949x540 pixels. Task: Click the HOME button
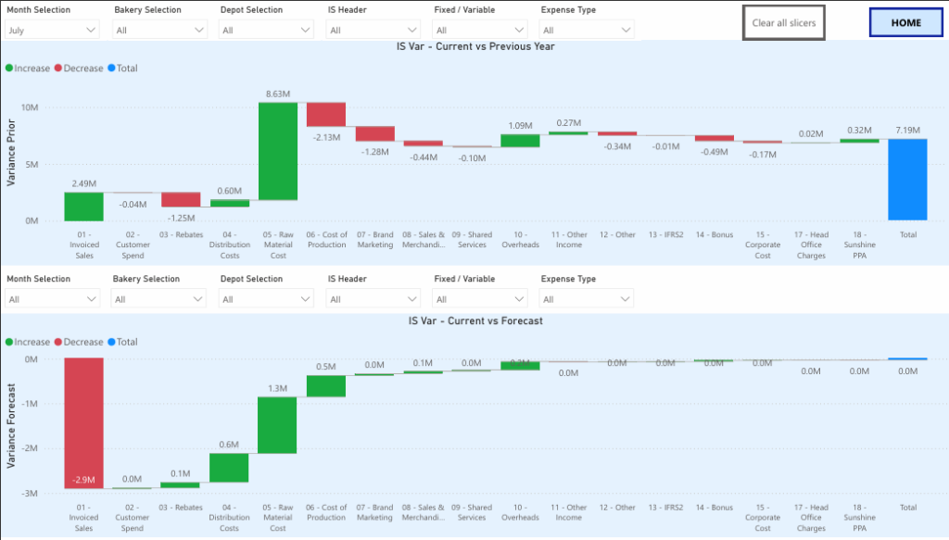[x=906, y=22]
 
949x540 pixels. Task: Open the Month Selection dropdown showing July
[x=52, y=30]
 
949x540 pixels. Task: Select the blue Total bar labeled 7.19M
[x=908, y=180]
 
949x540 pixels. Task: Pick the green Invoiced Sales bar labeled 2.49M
[x=83, y=207]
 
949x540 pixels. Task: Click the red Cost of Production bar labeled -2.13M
[x=326, y=114]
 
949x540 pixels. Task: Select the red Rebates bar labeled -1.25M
[x=181, y=200]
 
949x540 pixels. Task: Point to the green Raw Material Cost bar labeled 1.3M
[x=278, y=425]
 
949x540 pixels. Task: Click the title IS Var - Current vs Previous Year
[x=474, y=46]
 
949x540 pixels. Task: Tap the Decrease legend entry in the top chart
[x=79, y=69]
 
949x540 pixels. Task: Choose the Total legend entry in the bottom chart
[x=122, y=343]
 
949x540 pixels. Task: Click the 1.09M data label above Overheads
[x=520, y=125]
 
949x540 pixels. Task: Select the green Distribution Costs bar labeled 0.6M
[x=229, y=468]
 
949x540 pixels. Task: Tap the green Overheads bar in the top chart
[x=520, y=141]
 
